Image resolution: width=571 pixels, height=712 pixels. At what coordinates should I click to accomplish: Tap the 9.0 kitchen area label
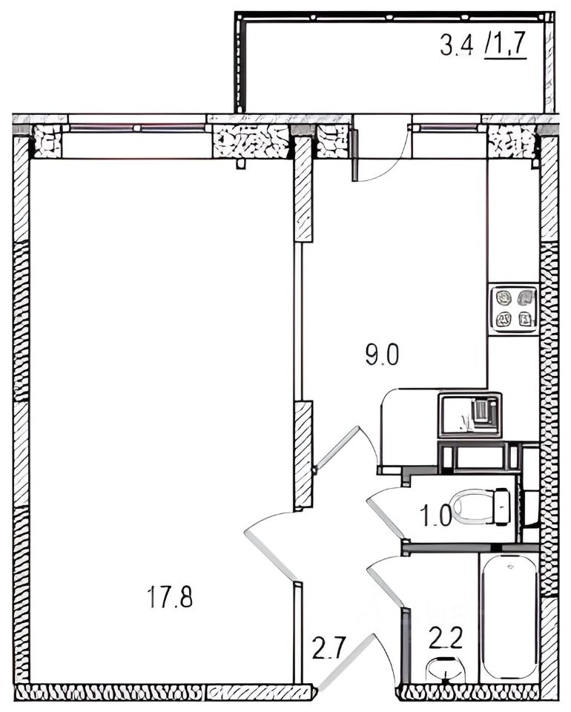click(382, 355)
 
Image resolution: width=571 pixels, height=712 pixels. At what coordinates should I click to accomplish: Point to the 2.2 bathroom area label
click(445, 637)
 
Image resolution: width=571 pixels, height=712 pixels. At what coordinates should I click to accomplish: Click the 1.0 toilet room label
click(437, 516)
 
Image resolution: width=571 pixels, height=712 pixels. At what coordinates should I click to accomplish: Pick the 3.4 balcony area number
click(457, 45)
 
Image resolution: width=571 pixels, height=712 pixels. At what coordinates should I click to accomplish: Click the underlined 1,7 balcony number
click(506, 45)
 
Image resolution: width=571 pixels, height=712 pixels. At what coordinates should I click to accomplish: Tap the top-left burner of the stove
click(503, 298)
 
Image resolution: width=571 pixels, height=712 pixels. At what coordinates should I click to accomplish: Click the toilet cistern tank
click(502, 507)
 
